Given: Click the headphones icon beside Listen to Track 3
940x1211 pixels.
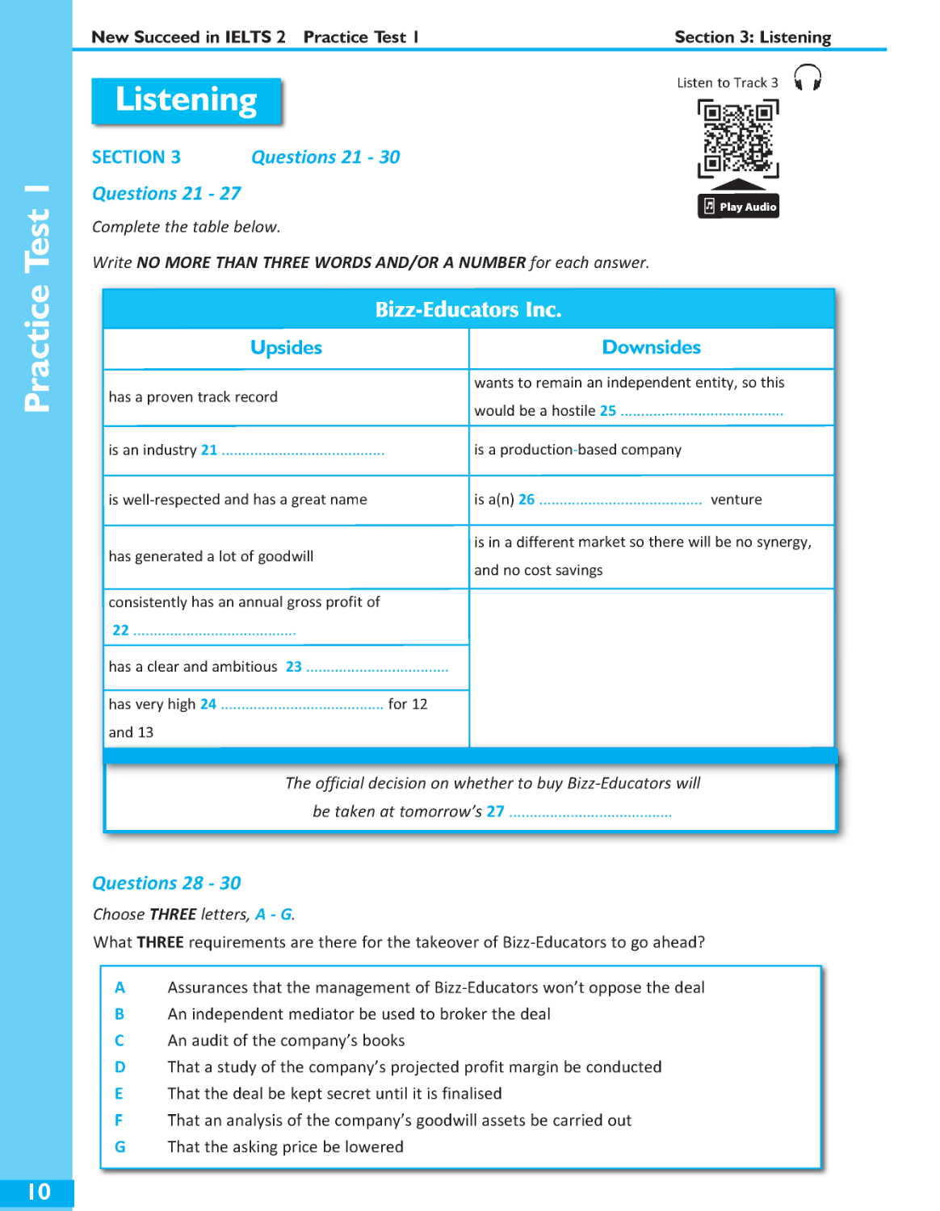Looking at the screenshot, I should coord(807,78).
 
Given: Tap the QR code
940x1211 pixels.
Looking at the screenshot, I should coord(737,137).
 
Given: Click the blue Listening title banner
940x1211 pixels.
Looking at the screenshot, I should coord(187,101).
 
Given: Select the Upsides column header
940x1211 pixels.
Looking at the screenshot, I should coord(286,348).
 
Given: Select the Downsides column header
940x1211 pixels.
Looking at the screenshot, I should coord(651,348).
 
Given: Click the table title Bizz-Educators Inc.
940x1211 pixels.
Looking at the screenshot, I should coord(468,310).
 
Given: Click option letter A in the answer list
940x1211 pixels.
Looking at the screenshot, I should coord(120,987).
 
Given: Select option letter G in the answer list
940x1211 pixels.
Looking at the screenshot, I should coord(120,1146).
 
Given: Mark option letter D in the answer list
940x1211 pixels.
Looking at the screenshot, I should coord(120,1067).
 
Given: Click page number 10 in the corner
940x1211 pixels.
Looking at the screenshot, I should coord(39,1192).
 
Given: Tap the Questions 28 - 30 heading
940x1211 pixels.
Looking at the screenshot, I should coord(166,883).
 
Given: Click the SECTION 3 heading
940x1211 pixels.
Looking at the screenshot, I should coord(136,157).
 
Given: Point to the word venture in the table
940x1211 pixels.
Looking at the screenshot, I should coord(736,500).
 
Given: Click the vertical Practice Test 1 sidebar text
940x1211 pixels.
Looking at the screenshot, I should coord(37,299).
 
